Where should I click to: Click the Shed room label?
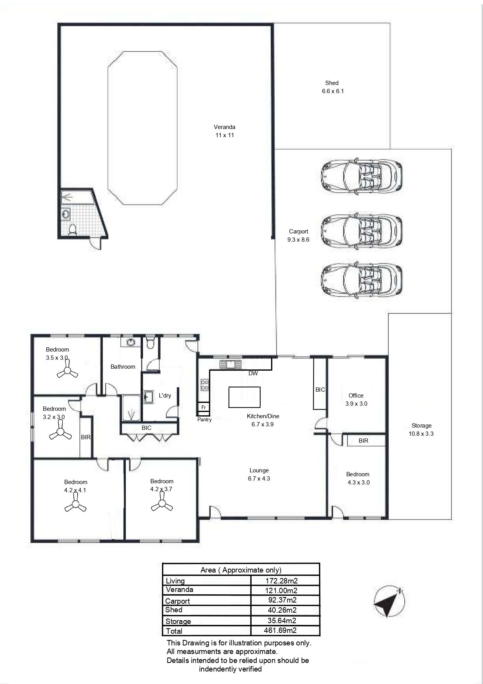pos(332,83)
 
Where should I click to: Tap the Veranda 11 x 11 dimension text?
pos(225,135)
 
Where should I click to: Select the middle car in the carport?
pos(361,228)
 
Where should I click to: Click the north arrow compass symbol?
pos(389,602)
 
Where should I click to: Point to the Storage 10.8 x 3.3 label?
pos(421,429)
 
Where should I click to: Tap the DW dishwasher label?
pos(253,373)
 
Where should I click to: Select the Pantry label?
pos(204,420)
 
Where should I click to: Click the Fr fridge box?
pos(203,408)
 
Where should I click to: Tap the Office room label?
pos(356,395)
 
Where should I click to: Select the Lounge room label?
pos(259,470)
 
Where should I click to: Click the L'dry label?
pos(165,395)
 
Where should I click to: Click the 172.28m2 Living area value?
pos(281,581)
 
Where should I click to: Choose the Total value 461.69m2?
pos(280,630)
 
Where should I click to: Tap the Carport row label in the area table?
pos(178,601)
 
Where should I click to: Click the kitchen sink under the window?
pos(230,364)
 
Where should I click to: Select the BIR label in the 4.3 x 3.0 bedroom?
pos(363,441)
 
